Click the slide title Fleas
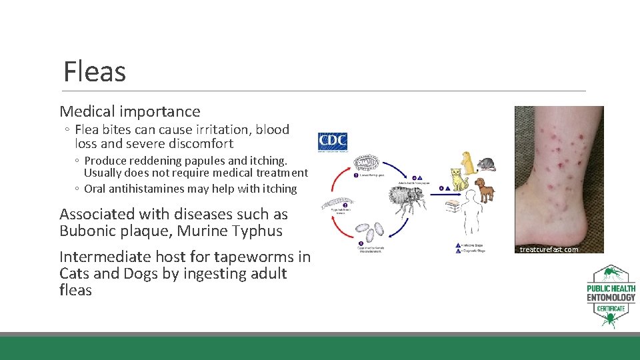95,71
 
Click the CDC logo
333,141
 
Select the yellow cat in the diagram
457,180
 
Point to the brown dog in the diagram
485,189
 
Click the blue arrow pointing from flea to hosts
441,189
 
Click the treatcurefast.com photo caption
549,249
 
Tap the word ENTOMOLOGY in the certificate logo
611,297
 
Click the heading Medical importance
130,111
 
